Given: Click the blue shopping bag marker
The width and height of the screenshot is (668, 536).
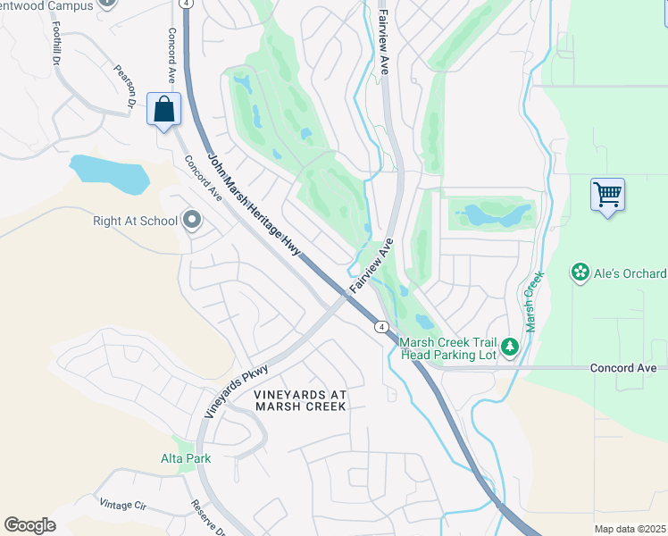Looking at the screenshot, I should click(165, 110).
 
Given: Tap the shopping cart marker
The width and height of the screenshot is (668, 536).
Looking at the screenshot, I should click(607, 194).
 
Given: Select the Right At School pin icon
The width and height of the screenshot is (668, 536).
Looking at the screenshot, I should click(191, 220).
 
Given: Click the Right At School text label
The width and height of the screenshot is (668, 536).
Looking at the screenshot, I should click(136, 220).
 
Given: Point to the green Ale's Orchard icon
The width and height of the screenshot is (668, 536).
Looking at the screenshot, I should click(580, 272).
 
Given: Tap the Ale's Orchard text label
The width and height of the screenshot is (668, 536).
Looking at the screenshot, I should click(630, 273).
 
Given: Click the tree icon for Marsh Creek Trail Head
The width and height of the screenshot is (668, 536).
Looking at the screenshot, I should click(509, 347).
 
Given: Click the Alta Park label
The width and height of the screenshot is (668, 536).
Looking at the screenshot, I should click(186, 459).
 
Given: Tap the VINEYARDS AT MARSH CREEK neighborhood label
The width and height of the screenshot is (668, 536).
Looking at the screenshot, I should click(299, 400).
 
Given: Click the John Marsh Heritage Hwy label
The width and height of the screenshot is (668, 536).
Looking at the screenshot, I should click(255, 206).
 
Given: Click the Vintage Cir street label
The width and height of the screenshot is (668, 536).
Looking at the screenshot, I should click(122, 504).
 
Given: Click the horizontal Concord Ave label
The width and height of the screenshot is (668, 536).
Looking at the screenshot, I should click(623, 368).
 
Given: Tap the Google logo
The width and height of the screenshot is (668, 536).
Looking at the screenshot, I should click(30, 525).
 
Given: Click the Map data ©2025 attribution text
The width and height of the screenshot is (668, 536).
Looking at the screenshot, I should click(630, 529).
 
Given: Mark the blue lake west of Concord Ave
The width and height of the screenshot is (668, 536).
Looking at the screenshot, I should click(107, 173).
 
